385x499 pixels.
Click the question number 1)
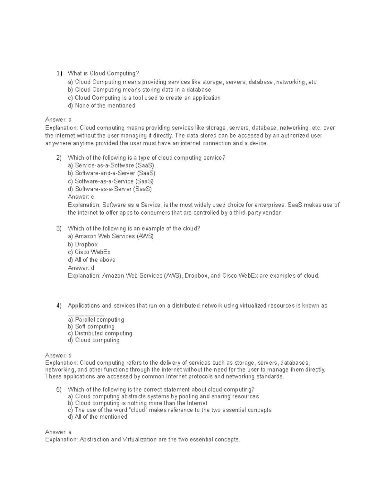pyautogui.click(x=59, y=74)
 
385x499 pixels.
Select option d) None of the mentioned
pyautogui.click(x=101, y=106)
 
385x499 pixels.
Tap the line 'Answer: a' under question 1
pyautogui.click(x=58, y=120)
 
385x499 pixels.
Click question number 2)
pyautogui.click(x=59, y=158)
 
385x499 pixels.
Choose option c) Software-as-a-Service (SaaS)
pyautogui.click(x=111, y=181)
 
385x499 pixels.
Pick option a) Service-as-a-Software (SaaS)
pyautogui.click(x=111, y=165)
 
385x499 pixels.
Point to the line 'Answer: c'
pyautogui.click(x=81, y=197)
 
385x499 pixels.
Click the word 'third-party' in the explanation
pyautogui.click(x=248, y=213)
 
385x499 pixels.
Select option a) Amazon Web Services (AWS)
pyautogui.click(x=111, y=236)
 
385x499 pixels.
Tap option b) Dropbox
pyautogui.click(x=83, y=244)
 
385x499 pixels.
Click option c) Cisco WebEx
pyautogui.click(x=89, y=252)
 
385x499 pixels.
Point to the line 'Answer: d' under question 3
pyautogui.click(x=81, y=268)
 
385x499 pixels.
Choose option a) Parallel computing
pyautogui.click(x=96, y=320)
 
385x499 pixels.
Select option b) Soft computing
pyautogui.click(x=91, y=326)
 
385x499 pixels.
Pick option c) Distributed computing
pyautogui.click(x=100, y=333)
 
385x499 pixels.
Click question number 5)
pyautogui.click(x=59, y=390)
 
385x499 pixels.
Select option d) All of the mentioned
pyautogui.click(x=98, y=417)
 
